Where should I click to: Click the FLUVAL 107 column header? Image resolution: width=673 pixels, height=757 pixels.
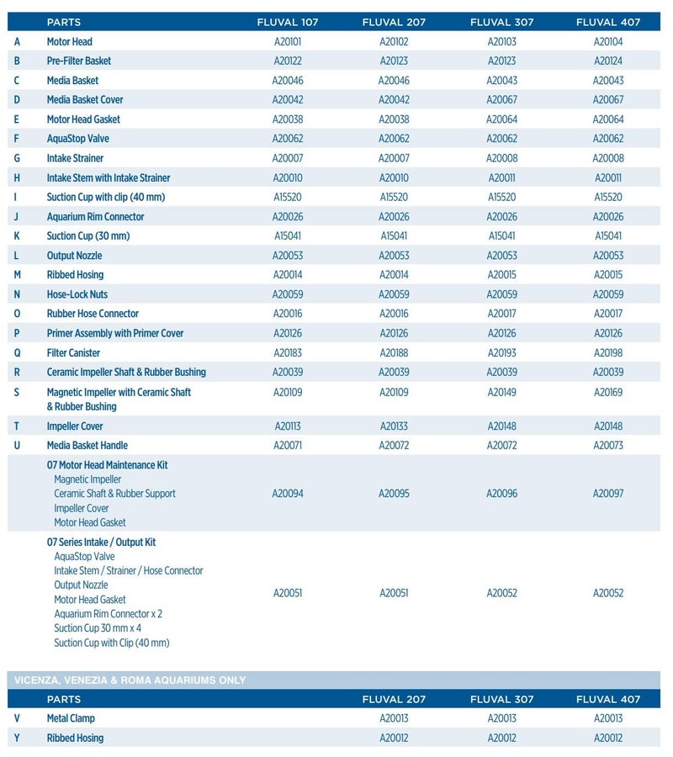[287, 22]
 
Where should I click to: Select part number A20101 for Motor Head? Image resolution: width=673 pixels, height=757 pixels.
[287, 41]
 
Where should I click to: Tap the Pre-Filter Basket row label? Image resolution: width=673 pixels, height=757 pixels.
[79, 61]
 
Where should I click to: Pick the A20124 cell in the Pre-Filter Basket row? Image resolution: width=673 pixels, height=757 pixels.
[607, 61]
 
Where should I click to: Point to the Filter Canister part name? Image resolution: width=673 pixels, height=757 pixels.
[73, 353]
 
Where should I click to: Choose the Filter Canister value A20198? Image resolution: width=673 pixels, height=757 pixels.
[607, 353]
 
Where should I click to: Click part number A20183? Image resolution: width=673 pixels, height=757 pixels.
[287, 353]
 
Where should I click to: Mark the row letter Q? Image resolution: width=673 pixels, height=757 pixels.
[17, 353]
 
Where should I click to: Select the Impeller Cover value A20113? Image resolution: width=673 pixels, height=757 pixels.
[287, 426]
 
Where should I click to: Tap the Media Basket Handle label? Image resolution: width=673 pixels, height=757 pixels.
[87, 445]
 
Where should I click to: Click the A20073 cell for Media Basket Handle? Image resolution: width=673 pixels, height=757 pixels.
[607, 445]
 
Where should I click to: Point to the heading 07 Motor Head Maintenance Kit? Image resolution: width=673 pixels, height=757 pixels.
[108, 465]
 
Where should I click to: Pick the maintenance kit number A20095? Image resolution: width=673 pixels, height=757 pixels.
[394, 494]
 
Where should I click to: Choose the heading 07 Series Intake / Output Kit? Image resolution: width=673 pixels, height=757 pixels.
[102, 543]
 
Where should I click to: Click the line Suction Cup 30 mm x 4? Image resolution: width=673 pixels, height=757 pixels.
[98, 628]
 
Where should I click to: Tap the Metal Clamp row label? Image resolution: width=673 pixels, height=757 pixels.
[71, 718]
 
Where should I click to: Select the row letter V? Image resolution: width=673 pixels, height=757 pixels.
[17, 718]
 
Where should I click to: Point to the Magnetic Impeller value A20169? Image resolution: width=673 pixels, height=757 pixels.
[607, 392]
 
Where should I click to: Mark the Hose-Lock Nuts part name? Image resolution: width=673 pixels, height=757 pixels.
[77, 294]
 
